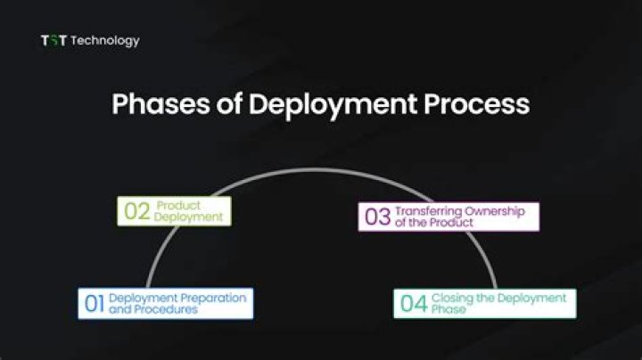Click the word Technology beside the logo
click(105, 40)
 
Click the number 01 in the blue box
click(95, 304)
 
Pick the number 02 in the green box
click(136, 212)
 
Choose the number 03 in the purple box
click(377, 217)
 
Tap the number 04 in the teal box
click(414, 304)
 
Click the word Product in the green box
click(178, 206)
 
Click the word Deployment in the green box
click(188, 217)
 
